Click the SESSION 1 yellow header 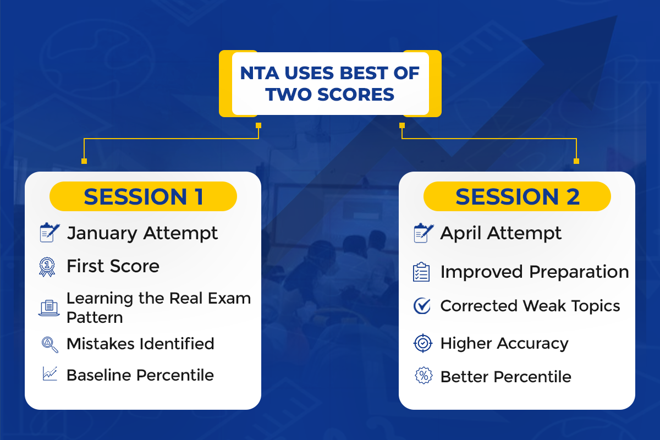(143, 196)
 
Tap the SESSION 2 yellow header (517, 196)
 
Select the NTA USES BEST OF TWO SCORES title (330, 84)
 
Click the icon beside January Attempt (50, 233)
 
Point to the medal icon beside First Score (47, 267)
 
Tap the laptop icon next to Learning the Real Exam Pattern (49, 308)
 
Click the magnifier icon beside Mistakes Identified (50, 344)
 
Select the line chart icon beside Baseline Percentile (50, 373)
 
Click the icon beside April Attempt (424, 233)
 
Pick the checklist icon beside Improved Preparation (421, 272)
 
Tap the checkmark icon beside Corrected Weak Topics (422, 306)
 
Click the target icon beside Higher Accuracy (423, 343)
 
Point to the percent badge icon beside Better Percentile (424, 376)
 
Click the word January (102, 234)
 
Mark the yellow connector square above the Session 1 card (84, 161)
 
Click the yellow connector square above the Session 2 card (576, 161)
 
